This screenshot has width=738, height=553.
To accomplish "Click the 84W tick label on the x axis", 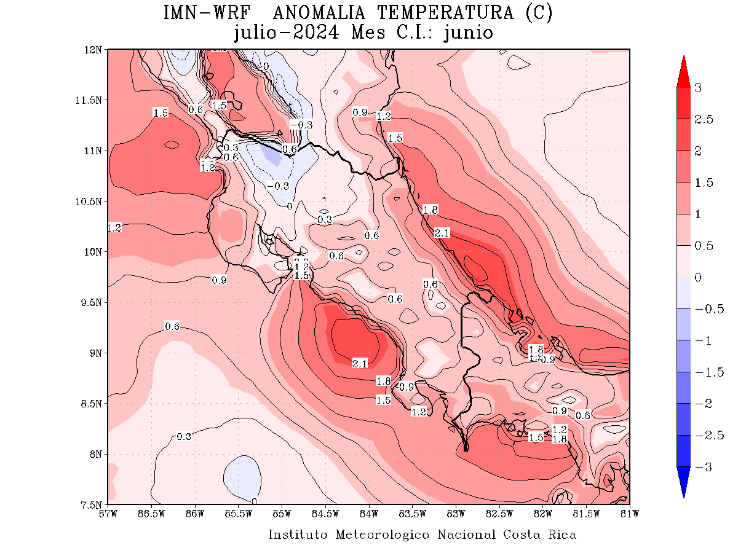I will (369, 512).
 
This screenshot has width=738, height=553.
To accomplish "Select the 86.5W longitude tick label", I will (151, 512).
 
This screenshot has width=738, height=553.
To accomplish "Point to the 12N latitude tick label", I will (95, 49).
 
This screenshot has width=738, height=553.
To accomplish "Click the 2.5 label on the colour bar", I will (704, 119).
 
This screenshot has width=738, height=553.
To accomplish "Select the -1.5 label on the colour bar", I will (705, 372).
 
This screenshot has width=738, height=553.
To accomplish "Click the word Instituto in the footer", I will (300, 535).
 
